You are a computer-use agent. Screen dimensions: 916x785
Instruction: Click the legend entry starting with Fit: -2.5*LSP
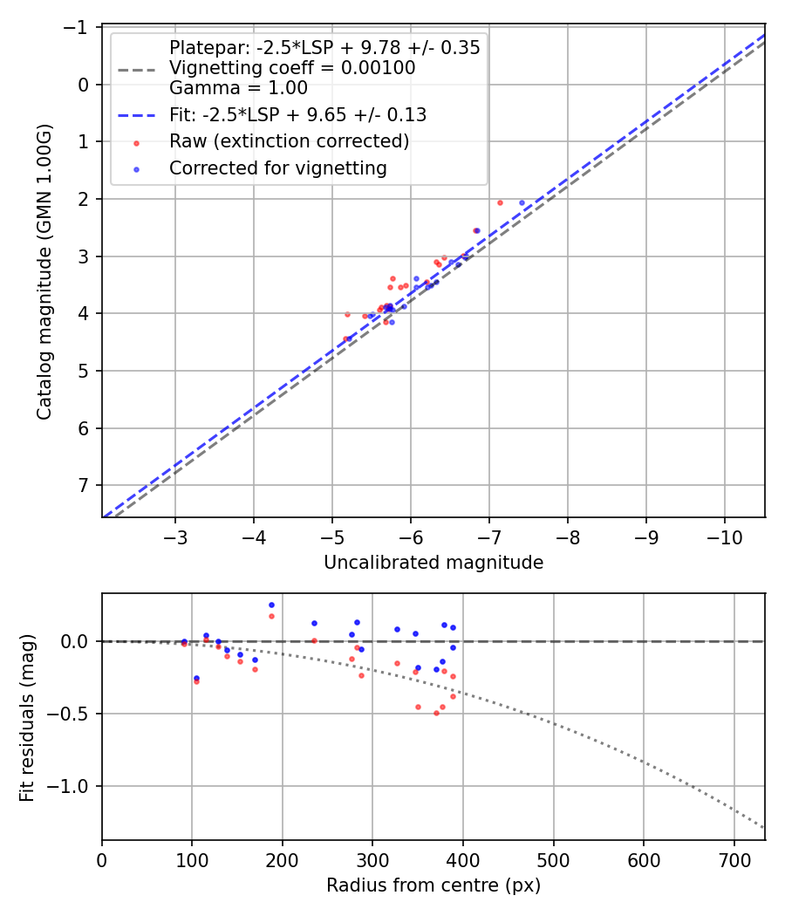pos(297,114)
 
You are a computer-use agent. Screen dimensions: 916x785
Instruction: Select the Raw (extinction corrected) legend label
pos(289,141)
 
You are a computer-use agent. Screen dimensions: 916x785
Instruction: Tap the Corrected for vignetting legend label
pos(277,168)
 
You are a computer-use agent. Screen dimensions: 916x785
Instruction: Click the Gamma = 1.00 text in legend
pos(238,87)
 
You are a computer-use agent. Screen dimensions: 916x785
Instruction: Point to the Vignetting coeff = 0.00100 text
pos(292,68)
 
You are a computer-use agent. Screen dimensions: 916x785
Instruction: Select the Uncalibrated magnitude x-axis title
pos(433,563)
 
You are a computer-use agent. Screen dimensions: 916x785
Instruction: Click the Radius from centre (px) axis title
pos(433,885)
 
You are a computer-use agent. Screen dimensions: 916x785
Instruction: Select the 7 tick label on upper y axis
pos(85,485)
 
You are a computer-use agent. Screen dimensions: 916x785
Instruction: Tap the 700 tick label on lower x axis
pos(734,860)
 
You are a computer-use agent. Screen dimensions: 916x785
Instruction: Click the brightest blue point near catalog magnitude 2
pos(522,202)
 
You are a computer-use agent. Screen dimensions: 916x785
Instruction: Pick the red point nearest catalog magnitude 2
pos(500,202)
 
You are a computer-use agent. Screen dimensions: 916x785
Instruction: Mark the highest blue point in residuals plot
pos(271,605)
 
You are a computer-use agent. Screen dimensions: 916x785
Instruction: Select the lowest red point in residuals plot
pos(436,713)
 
